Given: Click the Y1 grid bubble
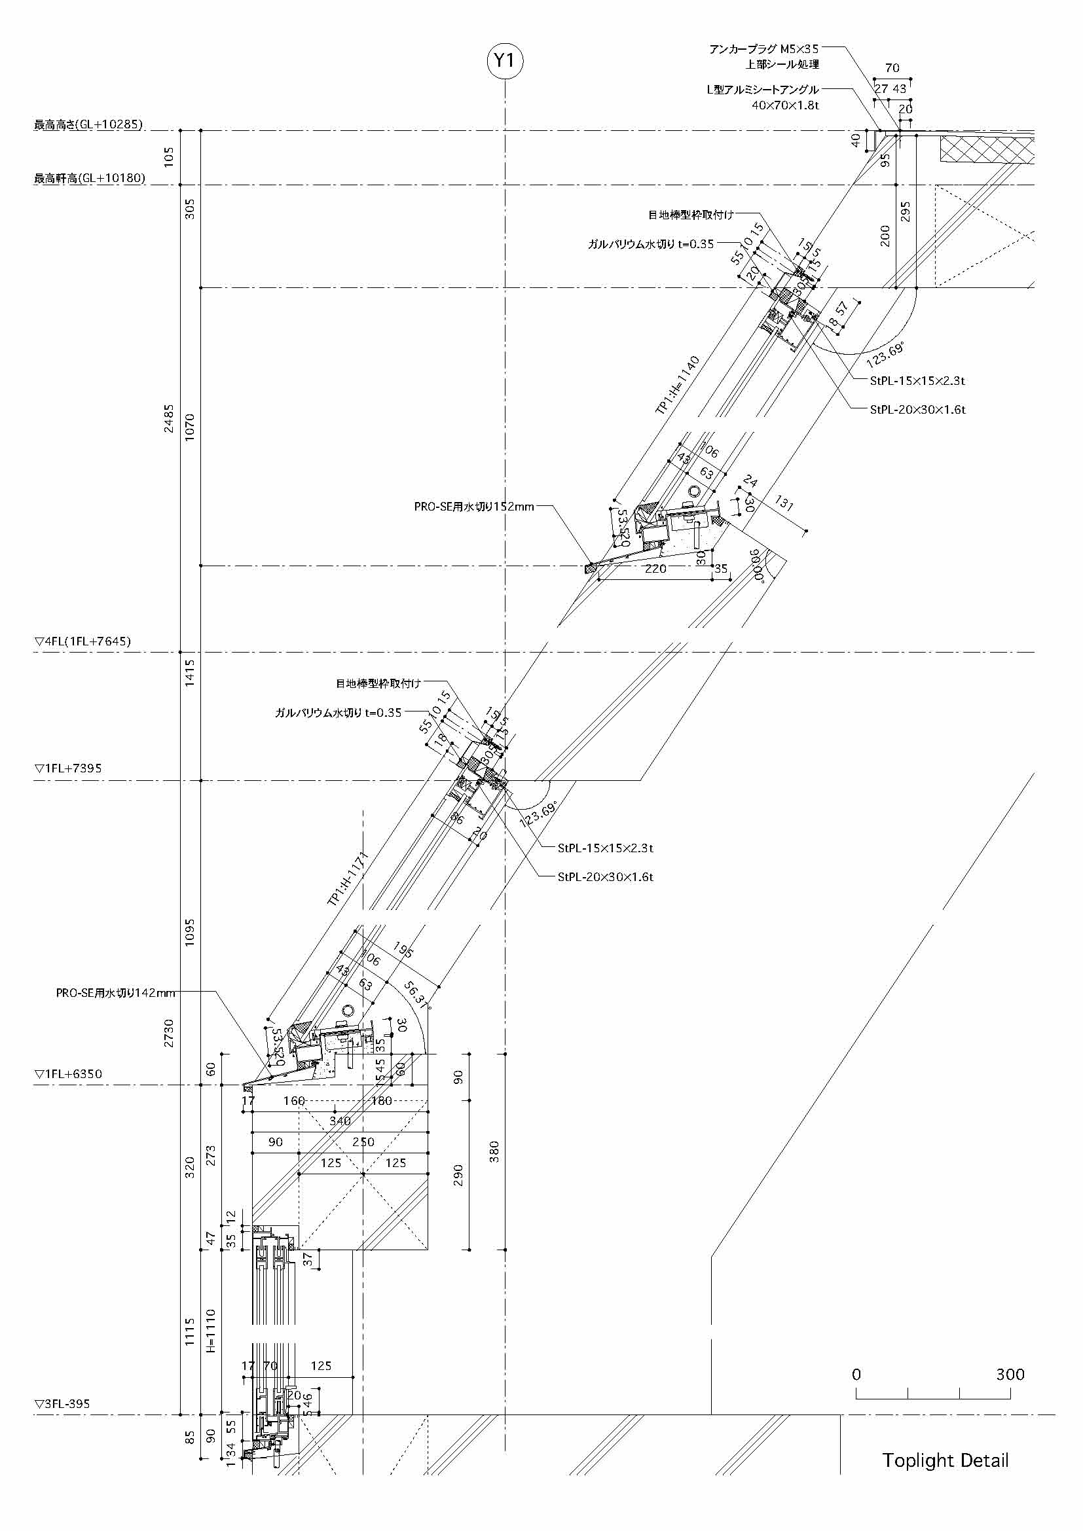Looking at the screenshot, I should pos(505,61).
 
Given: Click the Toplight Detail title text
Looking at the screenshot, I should pos(945,1460).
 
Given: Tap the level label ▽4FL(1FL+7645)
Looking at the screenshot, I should pos(83,641).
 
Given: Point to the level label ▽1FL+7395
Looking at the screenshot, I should pos(68,769).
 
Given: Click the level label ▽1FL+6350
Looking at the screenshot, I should pos(68,1074).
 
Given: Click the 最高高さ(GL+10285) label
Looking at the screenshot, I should pos(88,125).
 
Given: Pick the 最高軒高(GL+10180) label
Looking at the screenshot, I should pos(89,179).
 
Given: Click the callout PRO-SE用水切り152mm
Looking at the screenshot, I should pos(474,507).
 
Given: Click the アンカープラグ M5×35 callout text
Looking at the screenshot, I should pos(763,49).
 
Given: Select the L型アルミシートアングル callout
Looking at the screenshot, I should pos(763,90).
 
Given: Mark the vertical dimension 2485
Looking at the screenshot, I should pos(169,419).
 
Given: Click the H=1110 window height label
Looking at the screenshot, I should pos(211,1329).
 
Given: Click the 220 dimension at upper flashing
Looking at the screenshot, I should pos(655,569).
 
